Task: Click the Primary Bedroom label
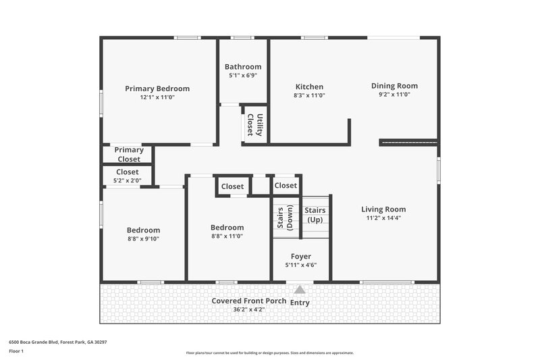[x=157, y=88]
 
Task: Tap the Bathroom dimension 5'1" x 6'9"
[x=243, y=76]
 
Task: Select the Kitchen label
[x=310, y=86]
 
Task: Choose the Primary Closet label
[x=128, y=155]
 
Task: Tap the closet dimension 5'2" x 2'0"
[x=127, y=180]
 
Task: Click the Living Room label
[x=383, y=209]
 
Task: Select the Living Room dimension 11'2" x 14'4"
[x=383, y=218]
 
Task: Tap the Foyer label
[x=300, y=257]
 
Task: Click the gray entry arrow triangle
[x=299, y=289]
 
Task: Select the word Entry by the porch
[x=300, y=303]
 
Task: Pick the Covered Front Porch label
[x=248, y=301]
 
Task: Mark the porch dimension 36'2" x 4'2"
[x=248, y=309]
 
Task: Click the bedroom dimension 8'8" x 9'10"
[x=143, y=239]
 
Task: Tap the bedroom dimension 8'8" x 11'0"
[x=227, y=236]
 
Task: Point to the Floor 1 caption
[x=16, y=351]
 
